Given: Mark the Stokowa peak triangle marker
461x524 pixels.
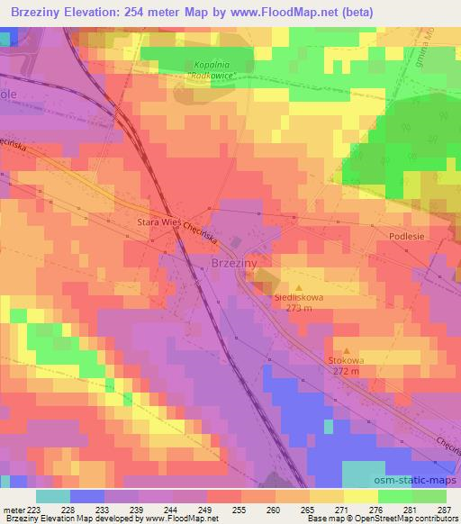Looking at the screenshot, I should pos(347,351).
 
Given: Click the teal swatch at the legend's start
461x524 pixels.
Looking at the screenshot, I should pos(52,495).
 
